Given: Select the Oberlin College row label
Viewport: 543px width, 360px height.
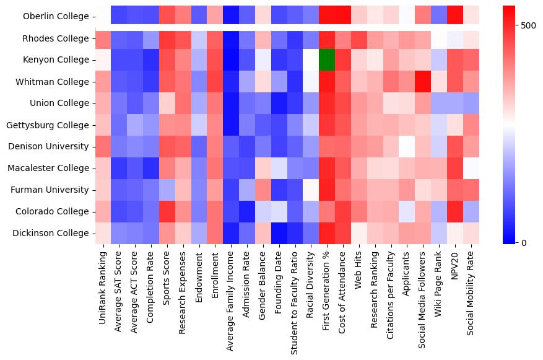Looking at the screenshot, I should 56,17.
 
